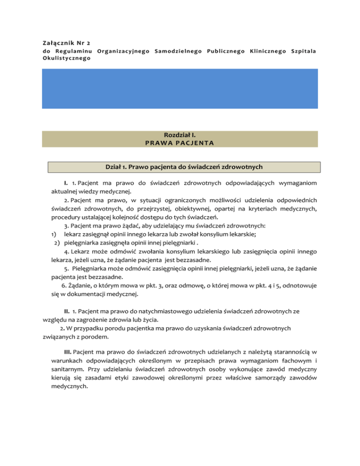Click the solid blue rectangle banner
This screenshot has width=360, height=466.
(180, 95)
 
